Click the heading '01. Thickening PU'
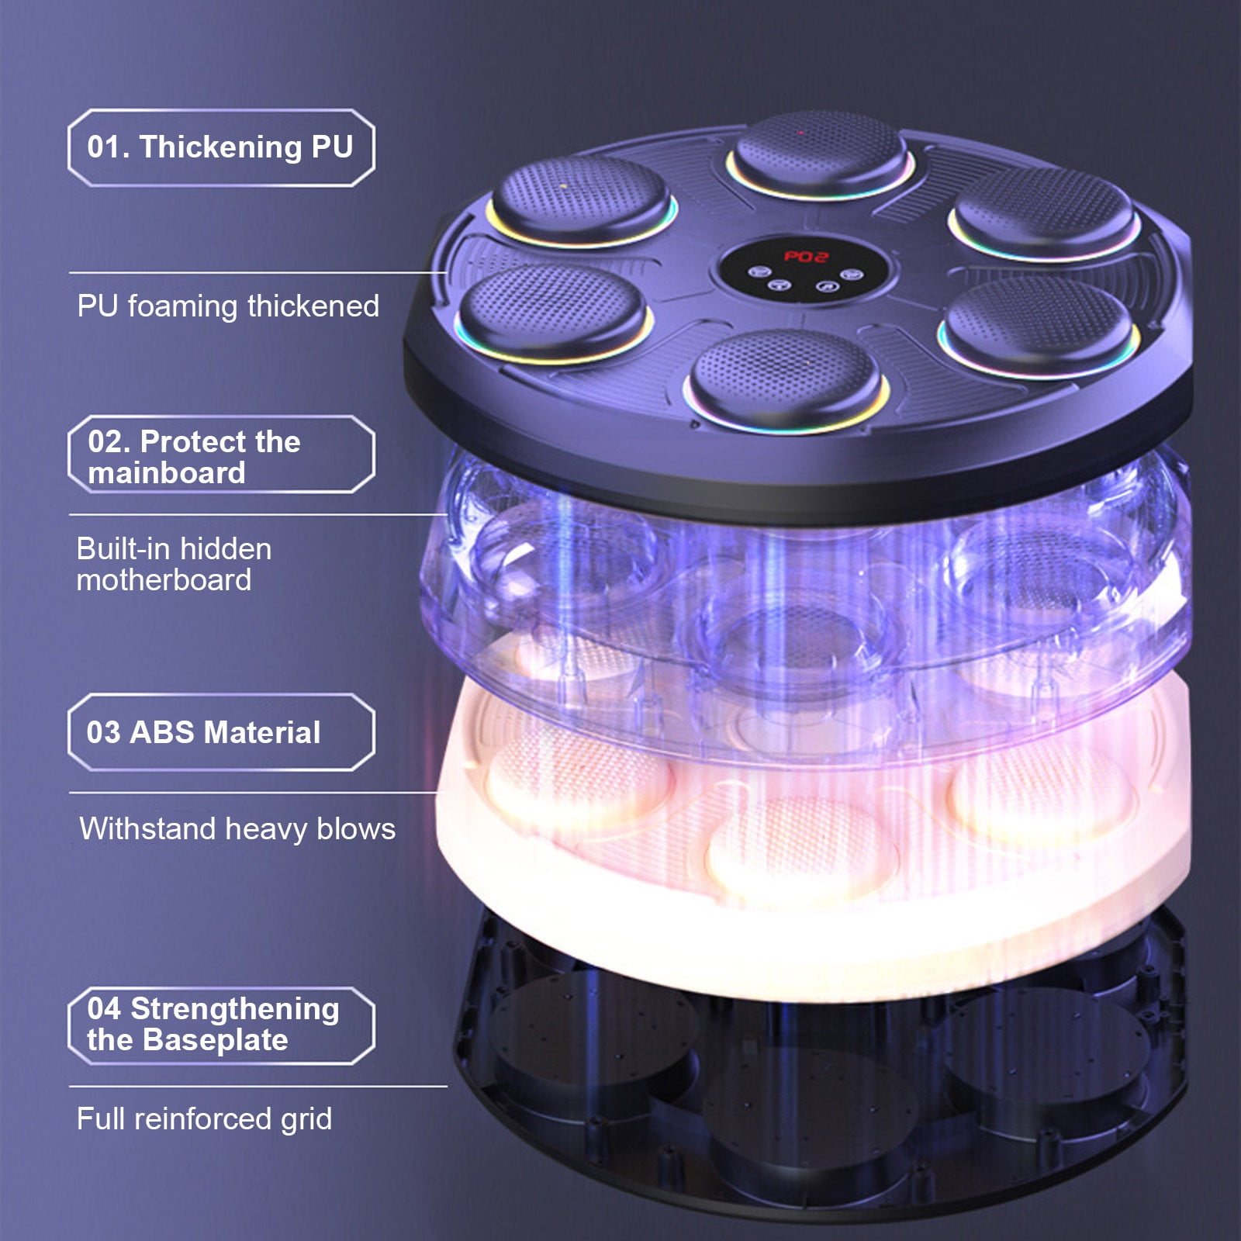(220, 147)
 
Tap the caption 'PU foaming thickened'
(228, 306)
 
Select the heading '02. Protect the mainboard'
(194, 457)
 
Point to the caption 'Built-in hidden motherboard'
(174, 564)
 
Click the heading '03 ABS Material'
(203, 732)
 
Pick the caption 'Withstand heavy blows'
(237, 829)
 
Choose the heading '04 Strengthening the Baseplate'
(213, 1025)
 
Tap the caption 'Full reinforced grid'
(204, 1118)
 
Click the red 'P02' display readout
(805, 256)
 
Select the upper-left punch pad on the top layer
(582, 200)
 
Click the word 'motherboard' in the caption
(164, 580)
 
